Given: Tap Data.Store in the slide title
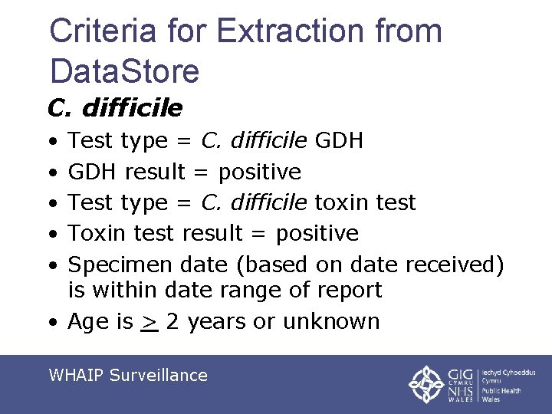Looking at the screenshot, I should pyautogui.click(x=124, y=71).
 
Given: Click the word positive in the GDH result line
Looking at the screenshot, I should pyautogui.click(x=259, y=172).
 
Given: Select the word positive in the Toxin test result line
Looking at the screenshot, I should pyautogui.click(x=317, y=233).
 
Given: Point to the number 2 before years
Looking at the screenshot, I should pyautogui.click(x=172, y=321).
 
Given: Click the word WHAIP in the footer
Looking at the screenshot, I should pyautogui.click(x=76, y=375).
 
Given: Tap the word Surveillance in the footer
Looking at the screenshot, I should pyautogui.click(x=159, y=375).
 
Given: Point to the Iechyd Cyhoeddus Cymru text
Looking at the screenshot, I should pyautogui.click(x=509, y=376).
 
